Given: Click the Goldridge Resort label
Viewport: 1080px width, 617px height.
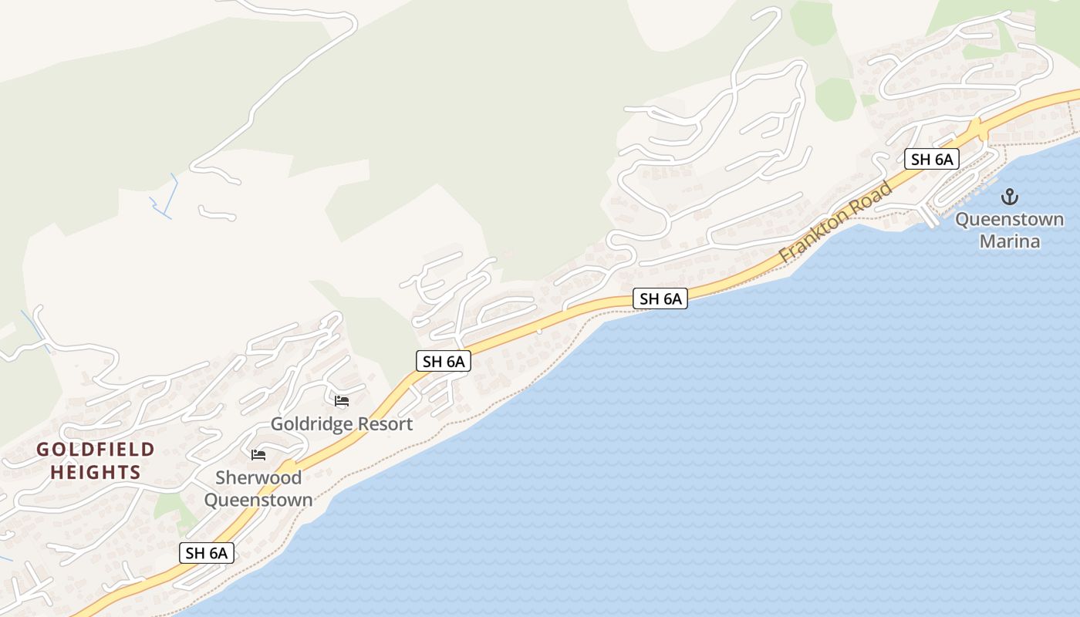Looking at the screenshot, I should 342,424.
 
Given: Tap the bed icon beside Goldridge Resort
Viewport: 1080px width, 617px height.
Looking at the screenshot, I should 342,401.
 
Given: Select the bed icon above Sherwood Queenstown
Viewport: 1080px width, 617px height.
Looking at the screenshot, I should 258,455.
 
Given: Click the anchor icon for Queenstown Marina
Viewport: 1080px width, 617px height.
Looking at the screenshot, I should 1010,197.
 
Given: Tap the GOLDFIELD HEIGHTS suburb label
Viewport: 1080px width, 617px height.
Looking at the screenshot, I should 96,460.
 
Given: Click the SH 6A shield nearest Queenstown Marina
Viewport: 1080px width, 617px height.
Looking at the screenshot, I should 932,160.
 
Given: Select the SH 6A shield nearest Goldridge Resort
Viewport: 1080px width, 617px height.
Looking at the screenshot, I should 444,361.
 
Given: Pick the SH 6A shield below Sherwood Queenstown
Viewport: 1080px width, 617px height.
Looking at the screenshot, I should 207,553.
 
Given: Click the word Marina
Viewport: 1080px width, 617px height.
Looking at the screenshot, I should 1010,241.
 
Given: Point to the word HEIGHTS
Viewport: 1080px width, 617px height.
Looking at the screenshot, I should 96,472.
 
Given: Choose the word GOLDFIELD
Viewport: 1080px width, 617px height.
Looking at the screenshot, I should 96,450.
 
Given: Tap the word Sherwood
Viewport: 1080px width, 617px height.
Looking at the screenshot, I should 258,477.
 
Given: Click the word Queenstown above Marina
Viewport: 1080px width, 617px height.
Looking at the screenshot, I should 1010,220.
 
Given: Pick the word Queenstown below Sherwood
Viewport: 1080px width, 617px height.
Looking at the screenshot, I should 258,500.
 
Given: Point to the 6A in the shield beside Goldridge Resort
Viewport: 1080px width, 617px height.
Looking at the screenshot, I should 455,361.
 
